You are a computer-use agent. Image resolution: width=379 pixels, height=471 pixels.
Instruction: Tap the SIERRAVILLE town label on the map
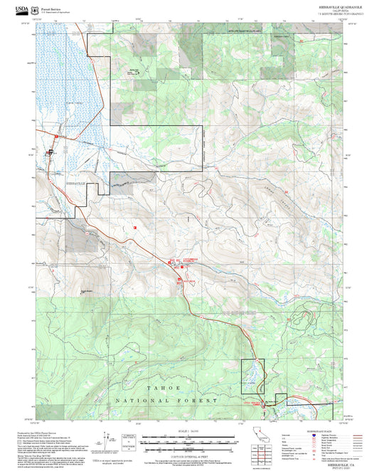75,184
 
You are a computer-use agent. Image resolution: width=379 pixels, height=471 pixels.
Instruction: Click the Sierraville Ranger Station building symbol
50,152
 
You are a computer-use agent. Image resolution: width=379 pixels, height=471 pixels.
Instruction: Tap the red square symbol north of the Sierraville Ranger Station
134,227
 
